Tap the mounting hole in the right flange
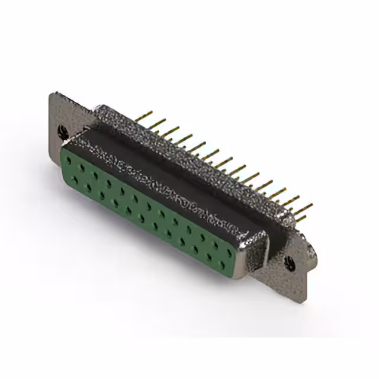coord(289,264)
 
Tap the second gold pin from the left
coord(159,122)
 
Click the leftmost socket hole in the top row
coord(69,157)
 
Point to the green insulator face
coord(148,207)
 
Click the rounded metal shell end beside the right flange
coord(255,249)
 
